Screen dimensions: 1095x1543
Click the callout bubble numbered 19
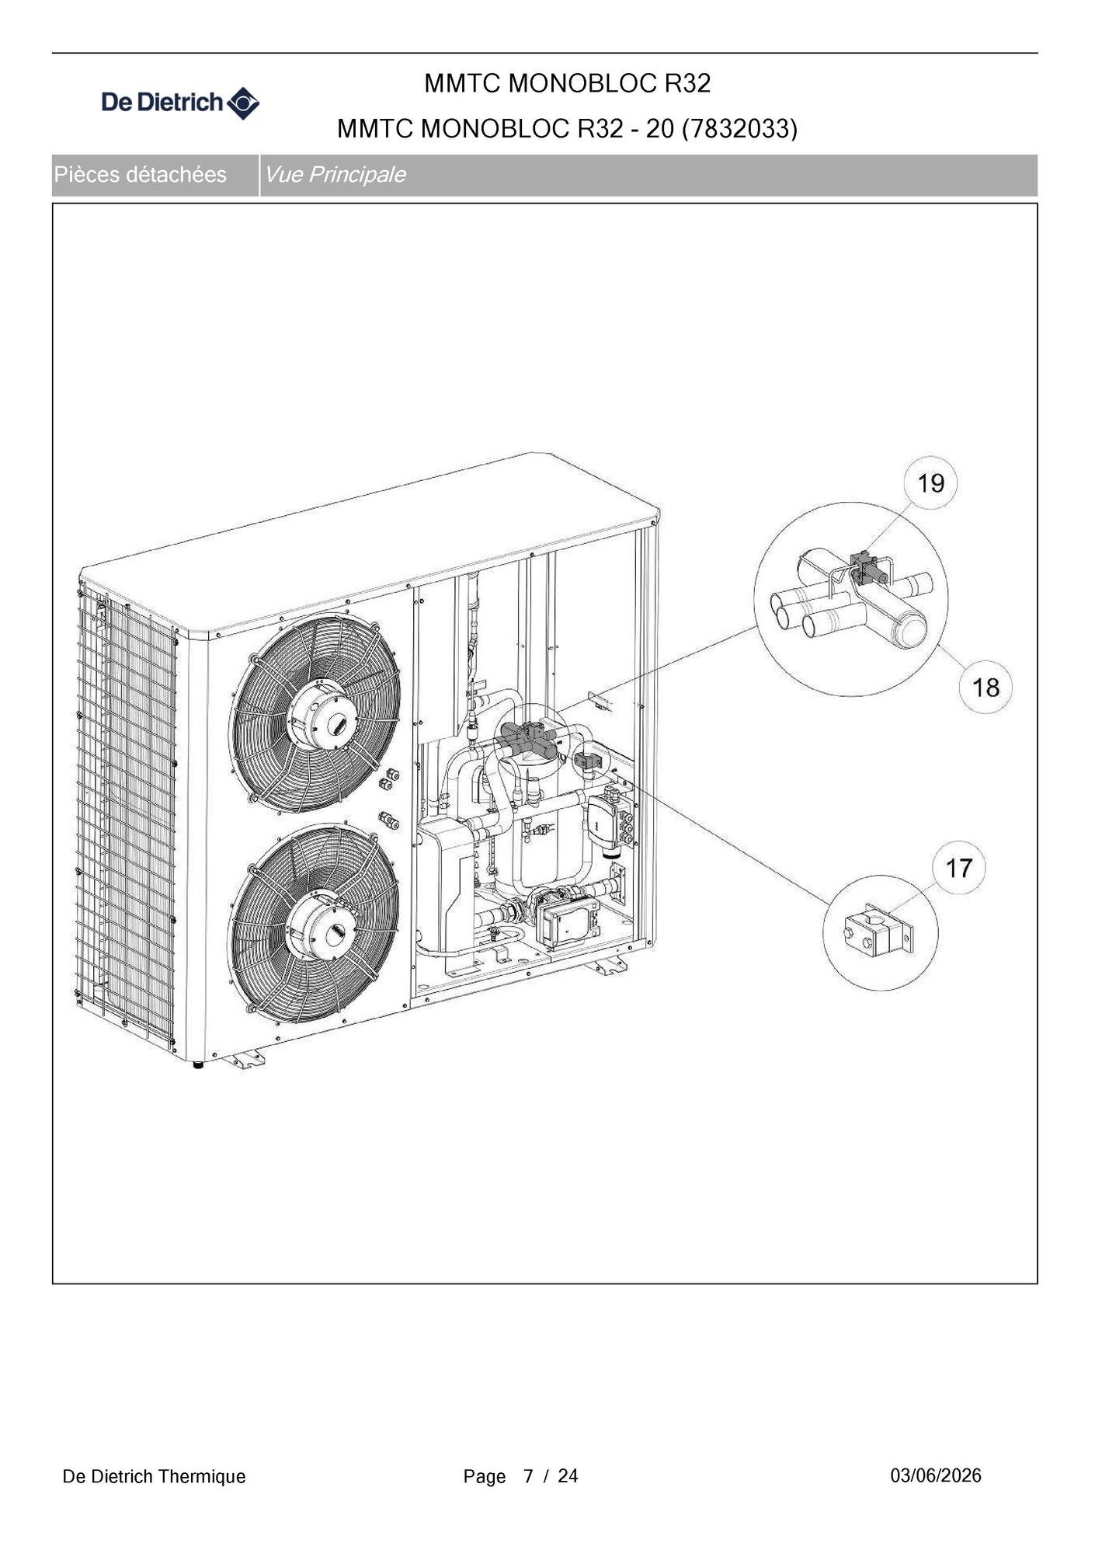point(930,482)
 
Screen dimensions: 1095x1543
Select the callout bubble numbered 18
point(985,687)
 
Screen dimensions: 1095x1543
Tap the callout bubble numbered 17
point(959,867)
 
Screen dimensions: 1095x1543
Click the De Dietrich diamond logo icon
point(243,103)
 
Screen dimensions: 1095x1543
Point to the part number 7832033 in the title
point(739,128)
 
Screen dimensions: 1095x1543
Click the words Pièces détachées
point(141,175)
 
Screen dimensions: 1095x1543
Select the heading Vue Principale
point(335,175)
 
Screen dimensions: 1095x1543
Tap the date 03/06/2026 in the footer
point(936,1475)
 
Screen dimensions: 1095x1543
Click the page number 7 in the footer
point(529,1476)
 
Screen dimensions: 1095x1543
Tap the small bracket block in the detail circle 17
point(878,932)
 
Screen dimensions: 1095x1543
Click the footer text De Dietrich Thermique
point(154,1476)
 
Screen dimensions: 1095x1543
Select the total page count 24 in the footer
point(568,1476)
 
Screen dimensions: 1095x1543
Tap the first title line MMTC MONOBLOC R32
point(568,83)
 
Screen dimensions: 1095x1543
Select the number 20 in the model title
point(660,128)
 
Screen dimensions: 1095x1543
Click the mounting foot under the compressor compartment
point(607,965)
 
